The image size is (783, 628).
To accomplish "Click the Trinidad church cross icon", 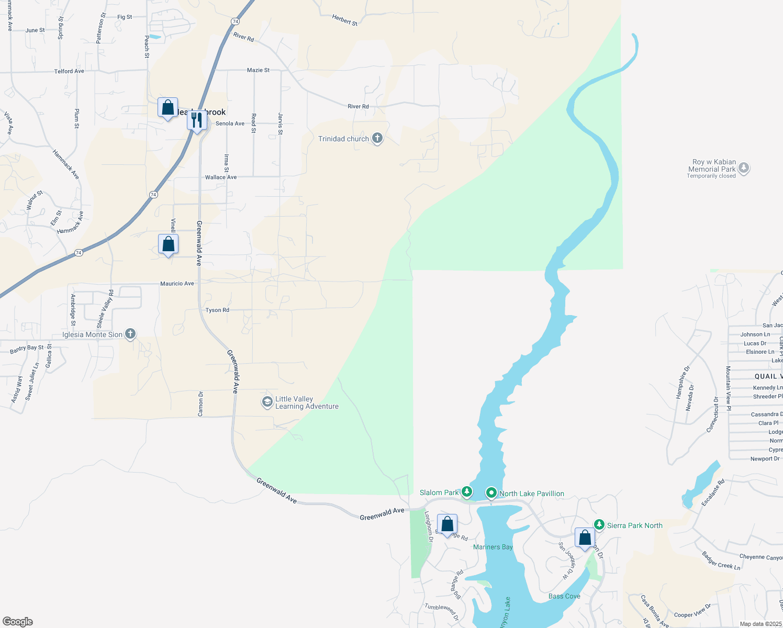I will pyautogui.click(x=377, y=138).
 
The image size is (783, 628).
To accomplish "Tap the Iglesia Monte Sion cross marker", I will pyautogui.click(x=130, y=334).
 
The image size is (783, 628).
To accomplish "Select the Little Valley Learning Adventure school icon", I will pyautogui.click(x=267, y=402).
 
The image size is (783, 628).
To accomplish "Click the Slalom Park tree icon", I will pyautogui.click(x=466, y=492).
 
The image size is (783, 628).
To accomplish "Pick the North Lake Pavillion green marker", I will pyautogui.click(x=491, y=493).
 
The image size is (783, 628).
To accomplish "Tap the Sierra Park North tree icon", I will pyautogui.click(x=599, y=525).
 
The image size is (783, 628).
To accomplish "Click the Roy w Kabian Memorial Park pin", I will pyautogui.click(x=743, y=169).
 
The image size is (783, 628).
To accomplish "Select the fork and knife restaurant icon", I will pyautogui.click(x=197, y=121).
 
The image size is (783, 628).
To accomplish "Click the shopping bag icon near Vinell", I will pyautogui.click(x=168, y=244).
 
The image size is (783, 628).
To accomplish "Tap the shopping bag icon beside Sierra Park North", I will pyautogui.click(x=585, y=537).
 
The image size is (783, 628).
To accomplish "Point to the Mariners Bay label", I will pyautogui.click(x=493, y=547).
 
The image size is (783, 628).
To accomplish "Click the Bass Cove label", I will pyautogui.click(x=564, y=596).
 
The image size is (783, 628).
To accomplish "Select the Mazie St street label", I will pyautogui.click(x=258, y=70).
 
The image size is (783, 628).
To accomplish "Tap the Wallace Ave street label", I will pyautogui.click(x=220, y=177).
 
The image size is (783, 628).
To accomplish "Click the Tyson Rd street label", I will pyautogui.click(x=217, y=310).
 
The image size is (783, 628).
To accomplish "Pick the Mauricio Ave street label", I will pyautogui.click(x=177, y=284).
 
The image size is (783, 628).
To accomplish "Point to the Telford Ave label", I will pyautogui.click(x=69, y=71).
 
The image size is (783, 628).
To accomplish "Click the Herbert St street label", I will pyautogui.click(x=344, y=20).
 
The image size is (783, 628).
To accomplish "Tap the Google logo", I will pyautogui.click(x=18, y=621).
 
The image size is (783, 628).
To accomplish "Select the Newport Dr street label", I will pyautogui.click(x=765, y=459).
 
